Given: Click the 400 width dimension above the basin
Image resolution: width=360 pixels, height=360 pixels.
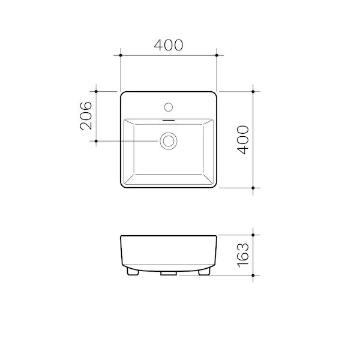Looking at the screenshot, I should (169, 44).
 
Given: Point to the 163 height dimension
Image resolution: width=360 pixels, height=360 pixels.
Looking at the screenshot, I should (242, 254).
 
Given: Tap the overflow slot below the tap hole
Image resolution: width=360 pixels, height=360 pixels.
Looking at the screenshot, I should (169, 119).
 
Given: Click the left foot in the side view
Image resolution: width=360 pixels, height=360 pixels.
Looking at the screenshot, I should (134, 271).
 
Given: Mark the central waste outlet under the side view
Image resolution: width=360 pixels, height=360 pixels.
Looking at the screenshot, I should (169, 272).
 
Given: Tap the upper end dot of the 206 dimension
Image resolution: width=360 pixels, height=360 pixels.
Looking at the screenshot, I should (97, 92).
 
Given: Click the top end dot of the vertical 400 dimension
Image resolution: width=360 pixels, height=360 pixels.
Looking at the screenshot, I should (254, 92).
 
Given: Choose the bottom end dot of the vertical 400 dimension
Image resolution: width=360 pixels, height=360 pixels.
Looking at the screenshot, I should (254, 188).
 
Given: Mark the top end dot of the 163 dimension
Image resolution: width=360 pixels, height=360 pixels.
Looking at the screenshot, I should (254, 235).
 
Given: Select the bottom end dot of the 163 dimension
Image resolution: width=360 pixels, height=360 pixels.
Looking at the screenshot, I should (254, 274).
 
